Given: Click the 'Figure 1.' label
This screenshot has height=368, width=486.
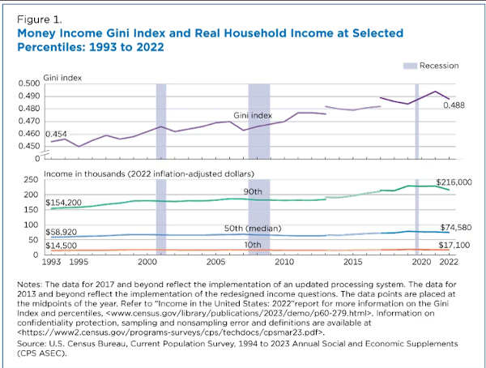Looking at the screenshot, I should [38, 15].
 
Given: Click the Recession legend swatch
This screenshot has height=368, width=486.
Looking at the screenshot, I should [411, 64].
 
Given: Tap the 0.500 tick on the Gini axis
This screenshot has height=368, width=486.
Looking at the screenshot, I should [29, 83].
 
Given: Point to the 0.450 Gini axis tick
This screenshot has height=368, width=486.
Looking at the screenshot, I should [29, 146].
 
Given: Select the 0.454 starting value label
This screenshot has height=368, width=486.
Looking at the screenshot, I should [58, 133].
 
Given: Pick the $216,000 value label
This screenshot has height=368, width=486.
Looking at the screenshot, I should [454, 182].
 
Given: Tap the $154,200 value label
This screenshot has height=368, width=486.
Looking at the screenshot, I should [66, 199].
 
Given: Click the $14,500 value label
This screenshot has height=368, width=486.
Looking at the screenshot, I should [63, 245].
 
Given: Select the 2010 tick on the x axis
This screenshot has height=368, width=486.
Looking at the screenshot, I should [283, 263].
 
